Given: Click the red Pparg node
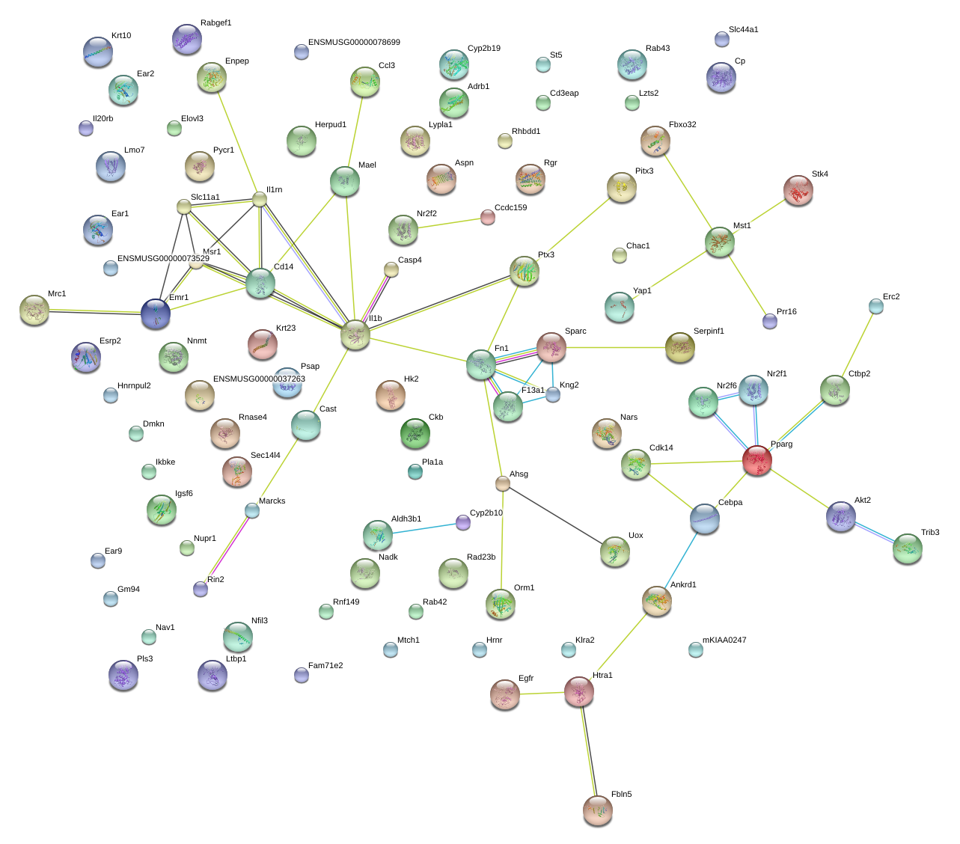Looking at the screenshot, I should [756, 460].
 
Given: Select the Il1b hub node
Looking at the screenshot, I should [355, 334].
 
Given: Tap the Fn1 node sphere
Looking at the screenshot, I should [481, 364].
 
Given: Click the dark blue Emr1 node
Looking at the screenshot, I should [156, 314].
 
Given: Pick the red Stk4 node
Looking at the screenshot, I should [798, 190].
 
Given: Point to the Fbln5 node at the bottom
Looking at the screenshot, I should [597, 810].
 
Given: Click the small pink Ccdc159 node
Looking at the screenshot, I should [487, 217].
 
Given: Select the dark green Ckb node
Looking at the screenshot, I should [415, 432].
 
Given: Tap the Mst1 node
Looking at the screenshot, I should [719, 242].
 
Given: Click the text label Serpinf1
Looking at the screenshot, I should [709, 331].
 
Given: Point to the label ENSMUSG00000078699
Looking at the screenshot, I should [354, 43].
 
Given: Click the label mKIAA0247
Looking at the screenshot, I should [724, 640].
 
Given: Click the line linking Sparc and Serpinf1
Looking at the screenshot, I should [615, 347].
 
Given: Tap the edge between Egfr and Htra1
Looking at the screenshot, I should [542, 694].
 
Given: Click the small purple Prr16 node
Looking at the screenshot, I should [769, 322].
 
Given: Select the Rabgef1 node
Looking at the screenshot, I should [186, 39].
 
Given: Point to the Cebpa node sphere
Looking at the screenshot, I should [704, 518].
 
